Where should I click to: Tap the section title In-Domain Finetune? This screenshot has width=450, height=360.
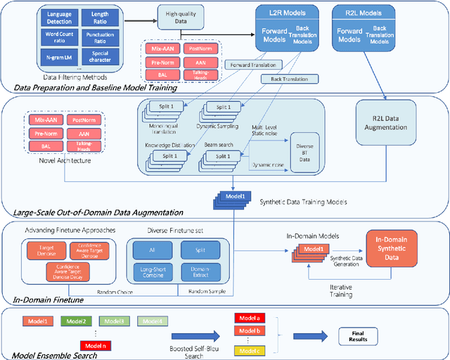(46, 300)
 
